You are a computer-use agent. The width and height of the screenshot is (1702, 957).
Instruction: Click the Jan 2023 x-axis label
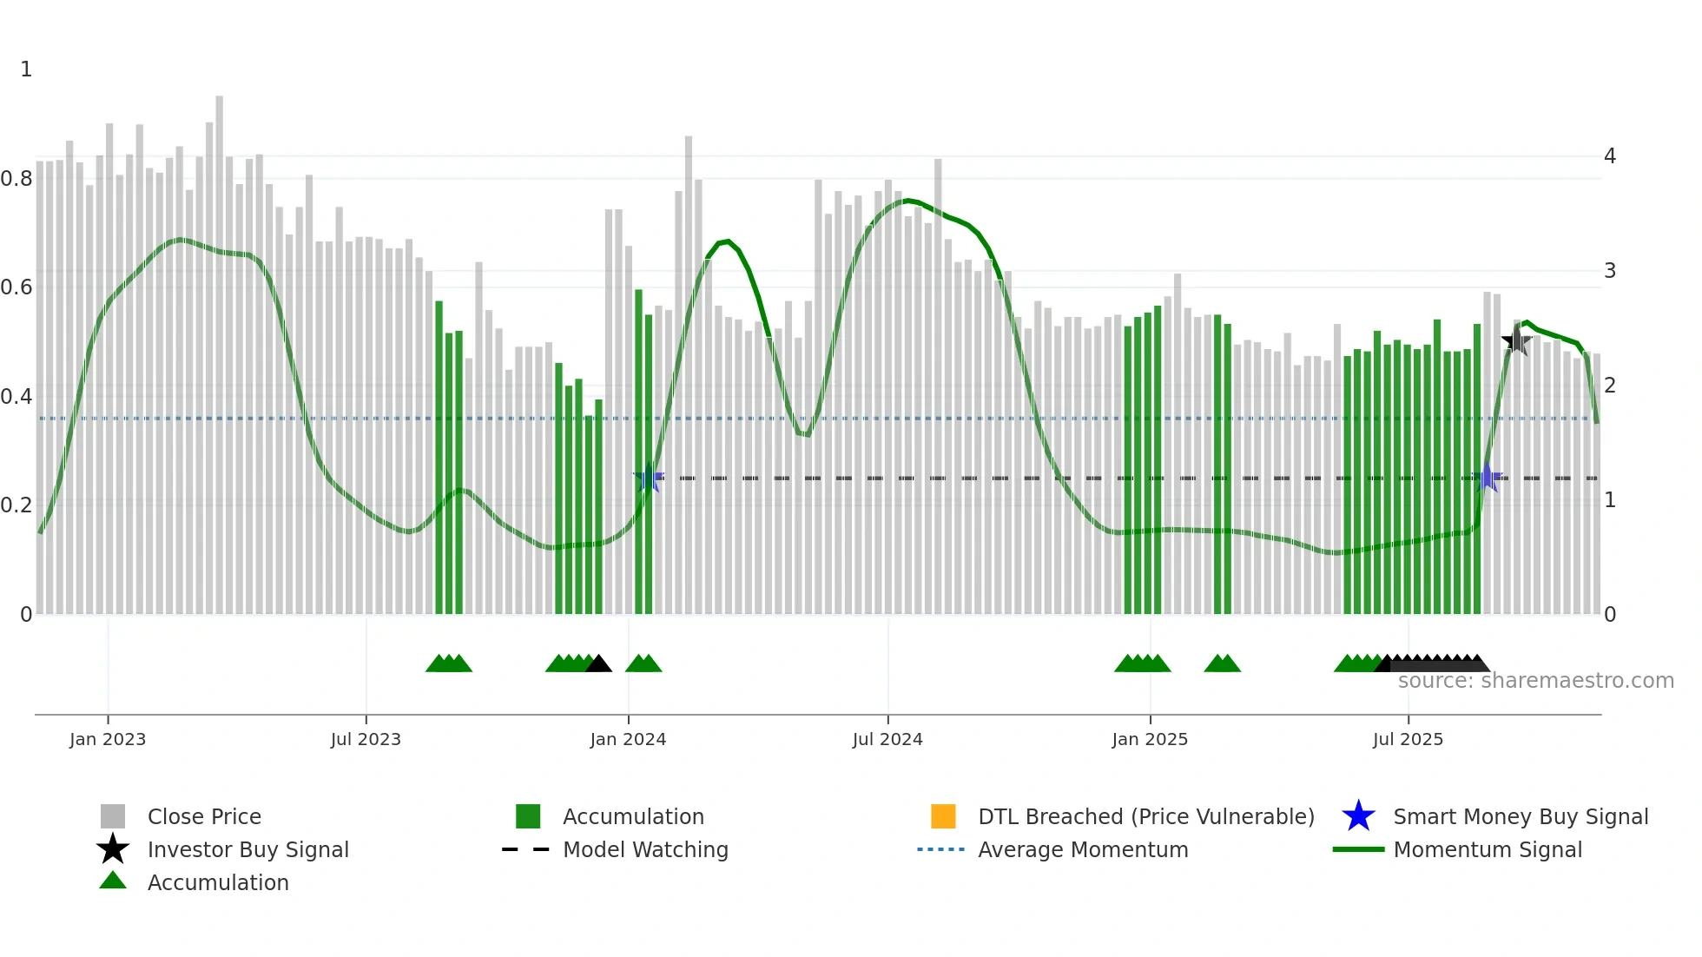tap(108, 739)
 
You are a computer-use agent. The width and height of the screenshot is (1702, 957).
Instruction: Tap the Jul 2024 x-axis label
tap(887, 739)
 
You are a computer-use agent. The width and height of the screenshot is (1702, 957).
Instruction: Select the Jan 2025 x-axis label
tap(1150, 739)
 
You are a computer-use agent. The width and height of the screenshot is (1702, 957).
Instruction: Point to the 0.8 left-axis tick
tap(16, 179)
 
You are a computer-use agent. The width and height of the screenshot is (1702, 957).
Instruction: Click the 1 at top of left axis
tap(26, 69)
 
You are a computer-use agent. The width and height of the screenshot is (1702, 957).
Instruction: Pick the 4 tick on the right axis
tap(1610, 156)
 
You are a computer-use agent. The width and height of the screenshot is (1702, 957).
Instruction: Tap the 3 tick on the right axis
tap(1610, 271)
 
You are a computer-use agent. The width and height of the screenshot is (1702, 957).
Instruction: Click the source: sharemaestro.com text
tap(1535, 681)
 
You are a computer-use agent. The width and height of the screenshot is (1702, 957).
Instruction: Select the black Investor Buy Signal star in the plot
tap(1516, 340)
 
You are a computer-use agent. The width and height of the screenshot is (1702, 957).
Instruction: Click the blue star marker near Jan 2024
tap(649, 478)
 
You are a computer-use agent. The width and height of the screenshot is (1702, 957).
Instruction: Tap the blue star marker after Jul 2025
tap(1488, 478)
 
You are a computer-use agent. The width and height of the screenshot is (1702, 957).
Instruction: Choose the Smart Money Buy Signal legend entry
tap(1520, 816)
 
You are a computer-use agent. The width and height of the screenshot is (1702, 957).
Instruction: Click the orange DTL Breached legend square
tap(943, 816)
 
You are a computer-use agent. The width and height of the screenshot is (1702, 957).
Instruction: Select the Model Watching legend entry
tap(644, 849)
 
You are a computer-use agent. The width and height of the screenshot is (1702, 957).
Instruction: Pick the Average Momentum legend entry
tap(1082, 849)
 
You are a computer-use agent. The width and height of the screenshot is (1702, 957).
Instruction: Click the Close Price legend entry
tap(203, 816)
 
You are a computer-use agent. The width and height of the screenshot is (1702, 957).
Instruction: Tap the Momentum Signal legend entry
tap(1487, 849)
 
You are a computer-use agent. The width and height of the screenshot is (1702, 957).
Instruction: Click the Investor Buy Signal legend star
tap(113, 849)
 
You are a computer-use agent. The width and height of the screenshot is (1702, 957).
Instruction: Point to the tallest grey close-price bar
tap(220, 347)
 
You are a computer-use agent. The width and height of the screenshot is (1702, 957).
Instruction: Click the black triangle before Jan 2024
tap(598, 664)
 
